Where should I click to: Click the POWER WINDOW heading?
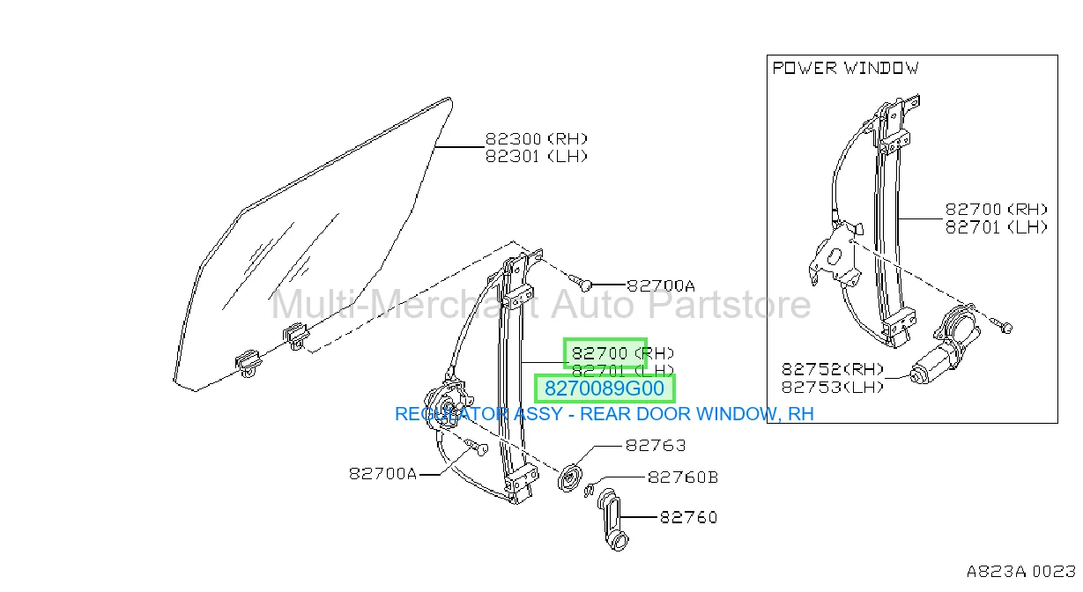coord(845,68)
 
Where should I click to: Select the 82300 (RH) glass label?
coord(536,139)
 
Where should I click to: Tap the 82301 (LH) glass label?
coord(536,157)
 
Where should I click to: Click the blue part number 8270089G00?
coord(605,388)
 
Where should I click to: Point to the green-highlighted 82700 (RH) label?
coord(622,353)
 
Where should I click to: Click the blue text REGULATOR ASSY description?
coord(605,414)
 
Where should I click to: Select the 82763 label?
coord(656,445)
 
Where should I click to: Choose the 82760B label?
coord(683,477)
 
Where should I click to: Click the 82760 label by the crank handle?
coord(688,518)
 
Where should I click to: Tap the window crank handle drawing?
coord(612,520)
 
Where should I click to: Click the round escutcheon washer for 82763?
coord(570,478)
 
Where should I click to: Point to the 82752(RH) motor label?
coord(833,370)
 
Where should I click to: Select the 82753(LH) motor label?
coord(833,387)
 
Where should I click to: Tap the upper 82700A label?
coord(661,285)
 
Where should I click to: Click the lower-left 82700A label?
coord(382,474)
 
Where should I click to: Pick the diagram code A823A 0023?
coord(1021,572)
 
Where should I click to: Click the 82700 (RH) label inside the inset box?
coord(996,210)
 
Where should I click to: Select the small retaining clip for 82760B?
coord(590,489)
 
